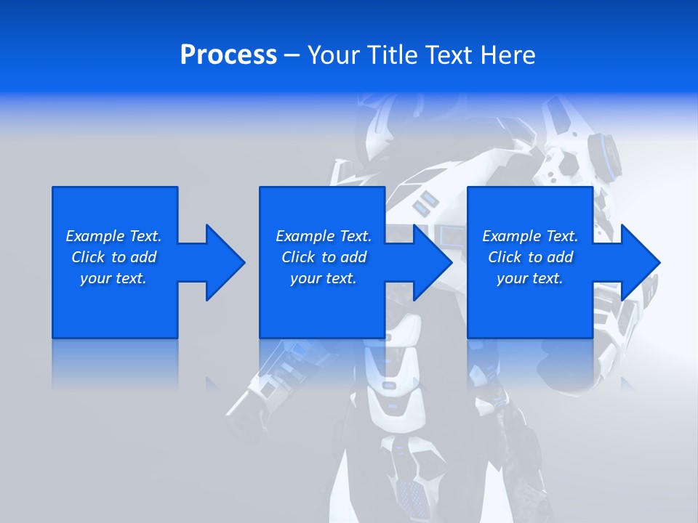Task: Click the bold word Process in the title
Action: [x=228, y=55]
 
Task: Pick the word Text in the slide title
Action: [x=450, y=55]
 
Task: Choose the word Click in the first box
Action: [x=88, y=257]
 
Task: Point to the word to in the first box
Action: [x=119, y=257]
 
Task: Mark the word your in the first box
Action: [x=95, y=278]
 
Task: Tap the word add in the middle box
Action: [x=354, y=257]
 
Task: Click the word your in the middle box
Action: [x=305, y=278]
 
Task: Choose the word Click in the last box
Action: [x=505, y=257]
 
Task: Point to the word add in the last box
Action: [x=561, y=257]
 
